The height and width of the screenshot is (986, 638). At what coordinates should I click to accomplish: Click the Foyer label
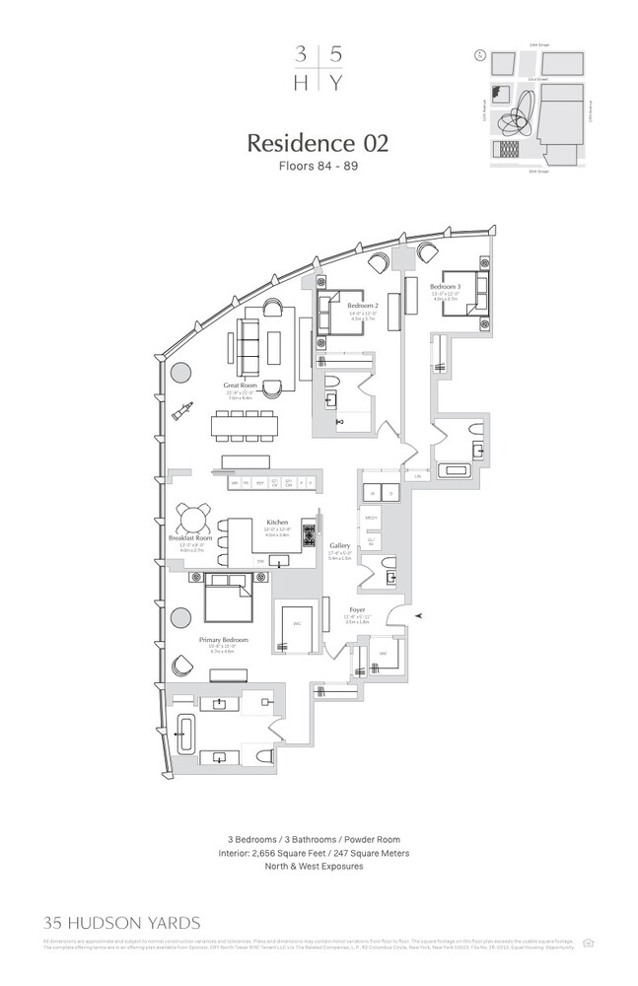tap(357, 610)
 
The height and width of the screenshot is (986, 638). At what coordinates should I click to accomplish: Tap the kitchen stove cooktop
tap(308, 537)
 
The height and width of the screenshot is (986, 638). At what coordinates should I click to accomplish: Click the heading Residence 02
tap(318, 142)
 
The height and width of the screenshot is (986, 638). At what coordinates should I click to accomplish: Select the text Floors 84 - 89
tap(318, 166)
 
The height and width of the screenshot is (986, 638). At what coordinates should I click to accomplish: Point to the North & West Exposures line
tap(318, 867)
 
